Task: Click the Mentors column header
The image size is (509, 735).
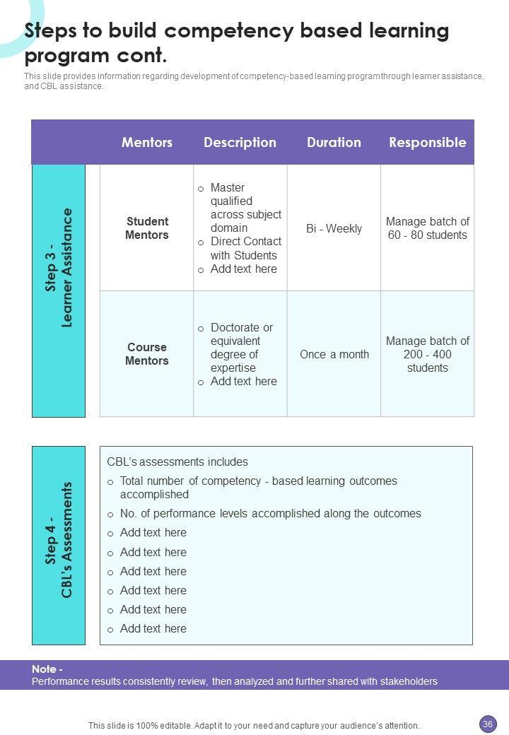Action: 147,142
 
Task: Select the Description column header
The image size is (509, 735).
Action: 240,142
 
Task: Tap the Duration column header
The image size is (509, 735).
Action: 334,142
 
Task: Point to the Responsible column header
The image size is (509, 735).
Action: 427,142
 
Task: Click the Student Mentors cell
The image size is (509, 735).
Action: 147,228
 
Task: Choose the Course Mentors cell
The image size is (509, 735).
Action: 147,354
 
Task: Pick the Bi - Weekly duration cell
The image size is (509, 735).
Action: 334,228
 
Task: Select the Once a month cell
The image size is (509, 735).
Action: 334,354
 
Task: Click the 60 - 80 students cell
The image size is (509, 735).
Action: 427,228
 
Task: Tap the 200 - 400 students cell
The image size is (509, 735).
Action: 427,354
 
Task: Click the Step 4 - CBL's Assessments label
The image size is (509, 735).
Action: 59,540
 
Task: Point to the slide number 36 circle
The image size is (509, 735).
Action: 487,724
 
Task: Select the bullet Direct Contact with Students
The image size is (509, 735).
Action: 245,248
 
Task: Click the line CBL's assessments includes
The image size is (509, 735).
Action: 177,462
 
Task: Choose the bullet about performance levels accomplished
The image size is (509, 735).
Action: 270,514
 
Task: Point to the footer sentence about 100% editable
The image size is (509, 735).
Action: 254,725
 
